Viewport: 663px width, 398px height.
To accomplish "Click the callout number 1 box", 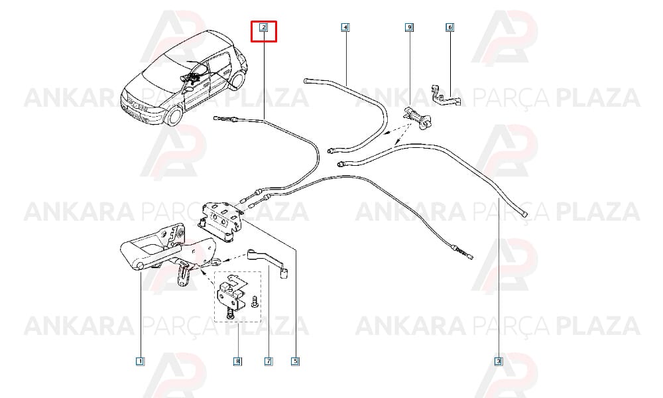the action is [140, 362].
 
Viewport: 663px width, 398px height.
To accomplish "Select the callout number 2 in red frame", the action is [263, 28].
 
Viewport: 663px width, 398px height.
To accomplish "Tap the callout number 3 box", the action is [499, 362].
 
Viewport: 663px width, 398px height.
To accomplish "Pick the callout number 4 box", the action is [345, 28].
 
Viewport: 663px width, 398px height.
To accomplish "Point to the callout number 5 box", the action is [296, 362].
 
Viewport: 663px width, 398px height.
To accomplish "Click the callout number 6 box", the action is [450, 27].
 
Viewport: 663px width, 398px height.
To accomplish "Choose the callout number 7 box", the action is [268, 362].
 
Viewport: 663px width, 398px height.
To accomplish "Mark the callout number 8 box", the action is [237, 362].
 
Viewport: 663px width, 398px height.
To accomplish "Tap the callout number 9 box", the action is [409, 28].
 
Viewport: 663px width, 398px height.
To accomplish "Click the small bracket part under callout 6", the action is [446, 96].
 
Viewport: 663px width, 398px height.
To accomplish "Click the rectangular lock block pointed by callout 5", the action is [220, 221].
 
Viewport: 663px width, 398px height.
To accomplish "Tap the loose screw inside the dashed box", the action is [255, 302].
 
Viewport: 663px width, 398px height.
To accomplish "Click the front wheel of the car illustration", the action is [174, 115].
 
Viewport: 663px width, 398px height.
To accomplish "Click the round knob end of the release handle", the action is [139, 265].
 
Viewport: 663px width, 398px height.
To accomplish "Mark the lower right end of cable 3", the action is [524, 214].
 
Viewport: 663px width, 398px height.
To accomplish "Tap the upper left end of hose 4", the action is [306, 80].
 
